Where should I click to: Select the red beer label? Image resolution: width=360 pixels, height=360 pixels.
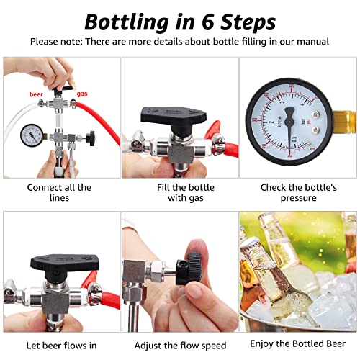coord(37,94)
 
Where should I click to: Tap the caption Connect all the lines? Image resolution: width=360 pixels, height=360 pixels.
coord(59,193)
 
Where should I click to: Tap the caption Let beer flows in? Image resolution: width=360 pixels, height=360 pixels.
coord(59,346)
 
